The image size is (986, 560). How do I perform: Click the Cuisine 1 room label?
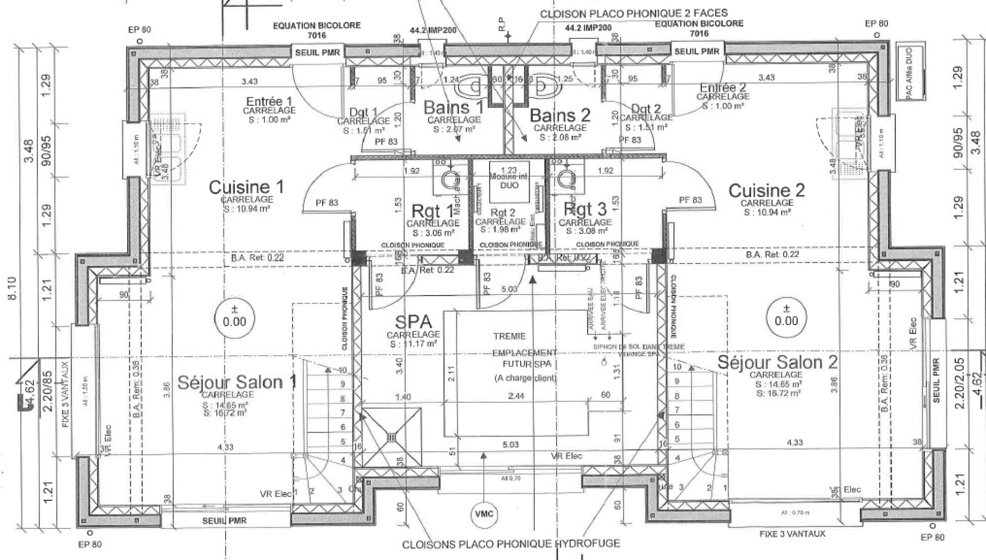pos(246,187)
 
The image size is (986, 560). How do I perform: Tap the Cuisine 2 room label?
pos(766,191)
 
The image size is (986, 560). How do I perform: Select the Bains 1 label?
pos(453,108)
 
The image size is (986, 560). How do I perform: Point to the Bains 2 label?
pos(560,116)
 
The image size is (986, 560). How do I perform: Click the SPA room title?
pos(413,323)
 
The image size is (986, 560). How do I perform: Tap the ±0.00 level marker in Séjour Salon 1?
pos(234,316)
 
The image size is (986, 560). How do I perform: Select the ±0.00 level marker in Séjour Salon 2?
pos(786,314)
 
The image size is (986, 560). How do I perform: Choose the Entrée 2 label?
pos(723,88)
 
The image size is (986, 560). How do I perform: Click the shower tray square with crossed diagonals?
pos(391,437)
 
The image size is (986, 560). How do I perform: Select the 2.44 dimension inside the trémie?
pos(516,396)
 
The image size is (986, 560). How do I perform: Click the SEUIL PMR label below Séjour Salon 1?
pos(224,521)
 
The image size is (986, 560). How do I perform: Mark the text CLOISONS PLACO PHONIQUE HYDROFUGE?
pos(510,544)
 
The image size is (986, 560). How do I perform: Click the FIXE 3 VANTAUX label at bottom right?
pos(791,534)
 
